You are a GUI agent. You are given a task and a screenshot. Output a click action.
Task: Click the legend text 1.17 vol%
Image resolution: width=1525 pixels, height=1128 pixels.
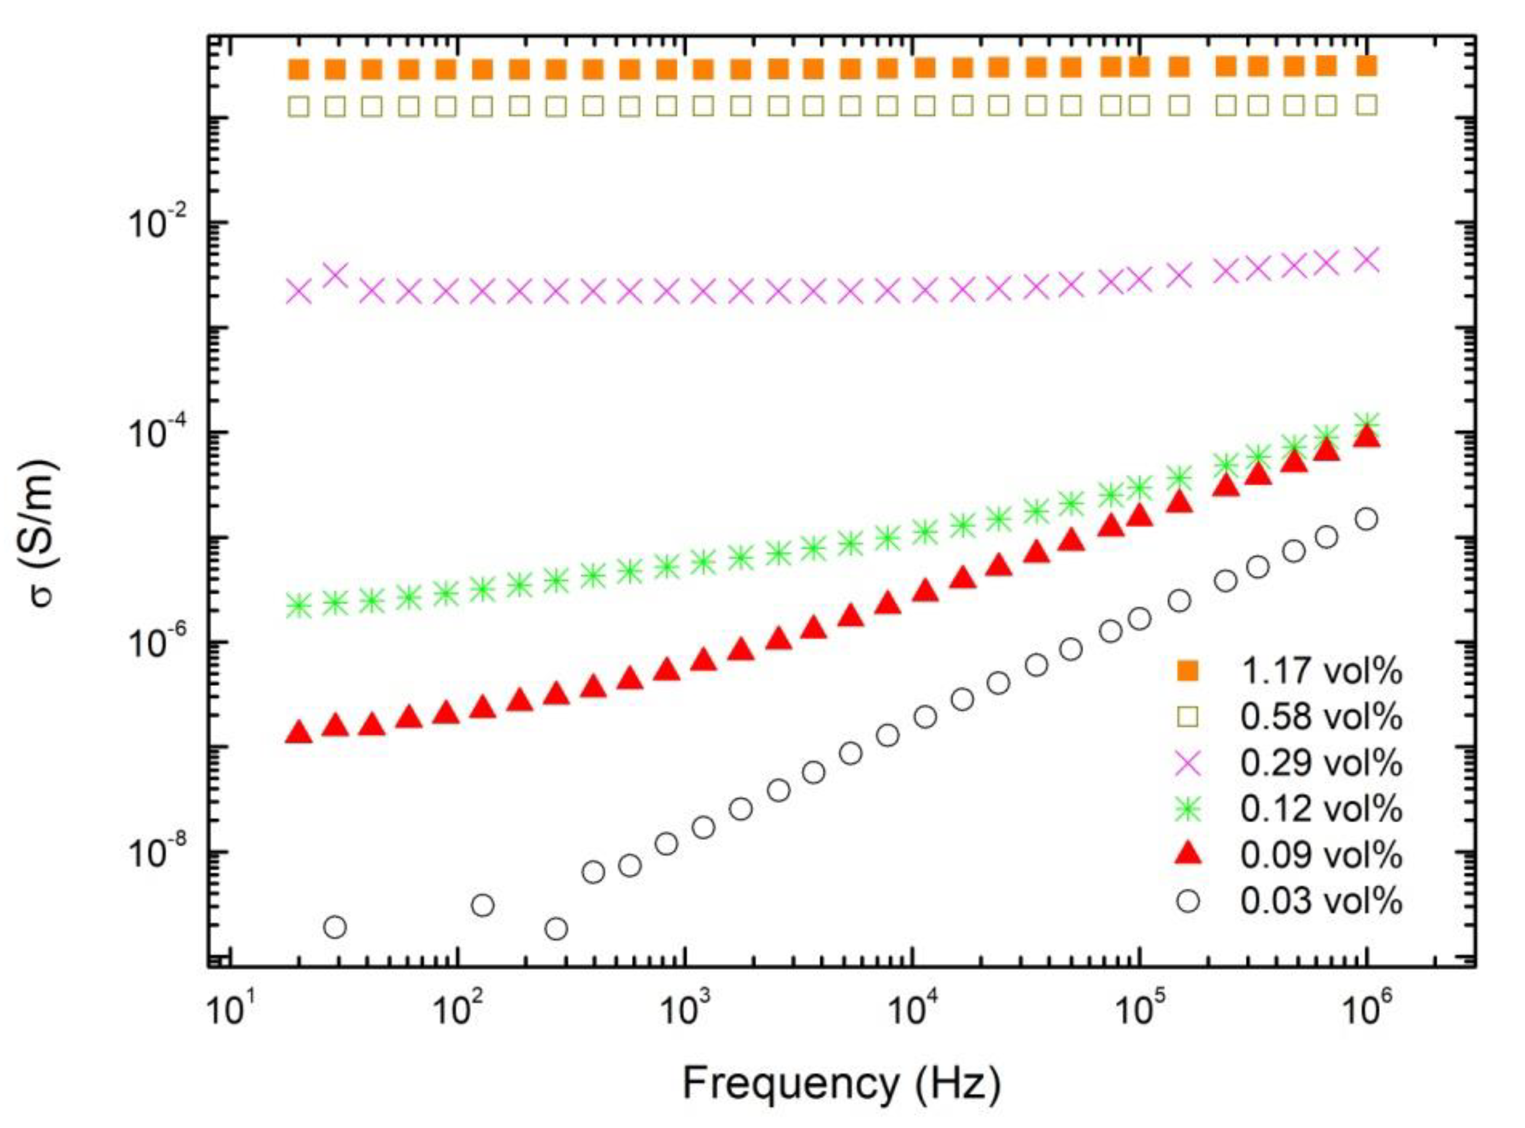coord(1322,672)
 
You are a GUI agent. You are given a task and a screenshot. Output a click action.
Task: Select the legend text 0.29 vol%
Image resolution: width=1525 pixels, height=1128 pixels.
coord(1322,764)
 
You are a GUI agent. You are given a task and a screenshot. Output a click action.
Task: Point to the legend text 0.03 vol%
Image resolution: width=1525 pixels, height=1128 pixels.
coord(1322,901)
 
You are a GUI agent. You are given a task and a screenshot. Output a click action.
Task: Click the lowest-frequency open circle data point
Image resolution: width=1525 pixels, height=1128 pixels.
coord(335,927)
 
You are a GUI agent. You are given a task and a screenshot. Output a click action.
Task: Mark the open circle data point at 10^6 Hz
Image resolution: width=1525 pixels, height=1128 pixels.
coord(1366,519)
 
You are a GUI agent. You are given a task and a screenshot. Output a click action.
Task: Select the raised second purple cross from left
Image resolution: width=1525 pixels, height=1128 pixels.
coord(335,275)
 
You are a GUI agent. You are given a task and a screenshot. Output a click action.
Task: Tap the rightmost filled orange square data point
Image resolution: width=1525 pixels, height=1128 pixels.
coord(1366,66)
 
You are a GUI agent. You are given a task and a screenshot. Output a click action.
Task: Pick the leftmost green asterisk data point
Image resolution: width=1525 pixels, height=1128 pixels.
coord(299,605)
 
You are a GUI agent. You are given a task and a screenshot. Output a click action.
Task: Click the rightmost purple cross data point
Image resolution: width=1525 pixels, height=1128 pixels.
coord(1366,259)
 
